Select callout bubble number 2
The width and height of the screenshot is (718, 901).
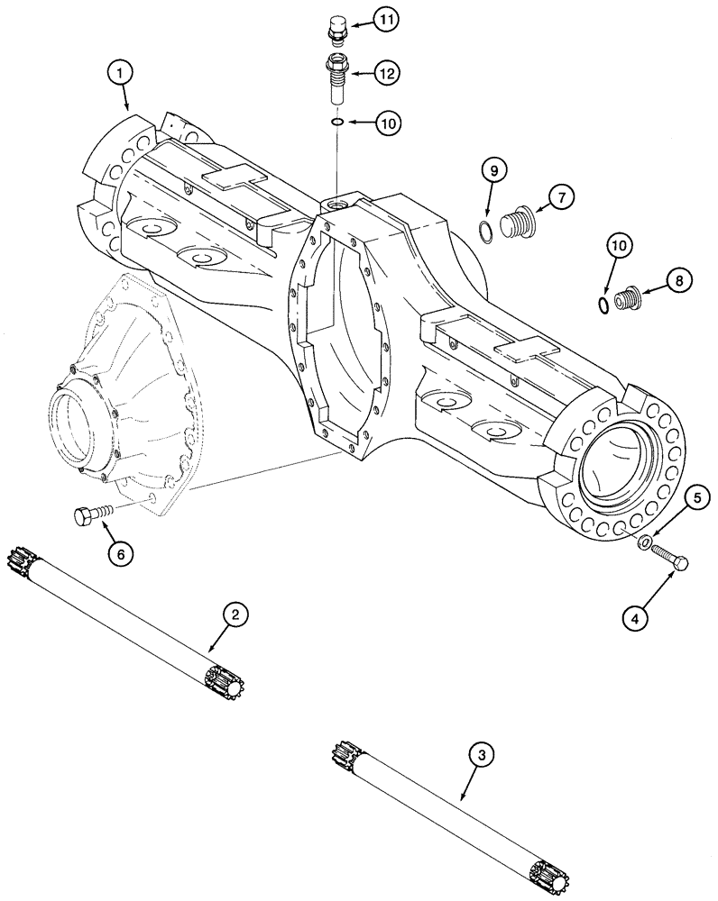(x=235, y=615)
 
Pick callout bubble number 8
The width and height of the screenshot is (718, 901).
(x=679, y=280)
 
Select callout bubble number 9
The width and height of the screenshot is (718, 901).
(x=493, y=169)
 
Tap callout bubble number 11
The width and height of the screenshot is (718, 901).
(x=385, y=19)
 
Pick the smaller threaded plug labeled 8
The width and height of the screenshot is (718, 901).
(x=628, y=297)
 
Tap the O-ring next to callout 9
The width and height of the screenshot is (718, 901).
(x=485, y=230)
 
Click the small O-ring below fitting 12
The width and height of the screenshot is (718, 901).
(x=335, y=122)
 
